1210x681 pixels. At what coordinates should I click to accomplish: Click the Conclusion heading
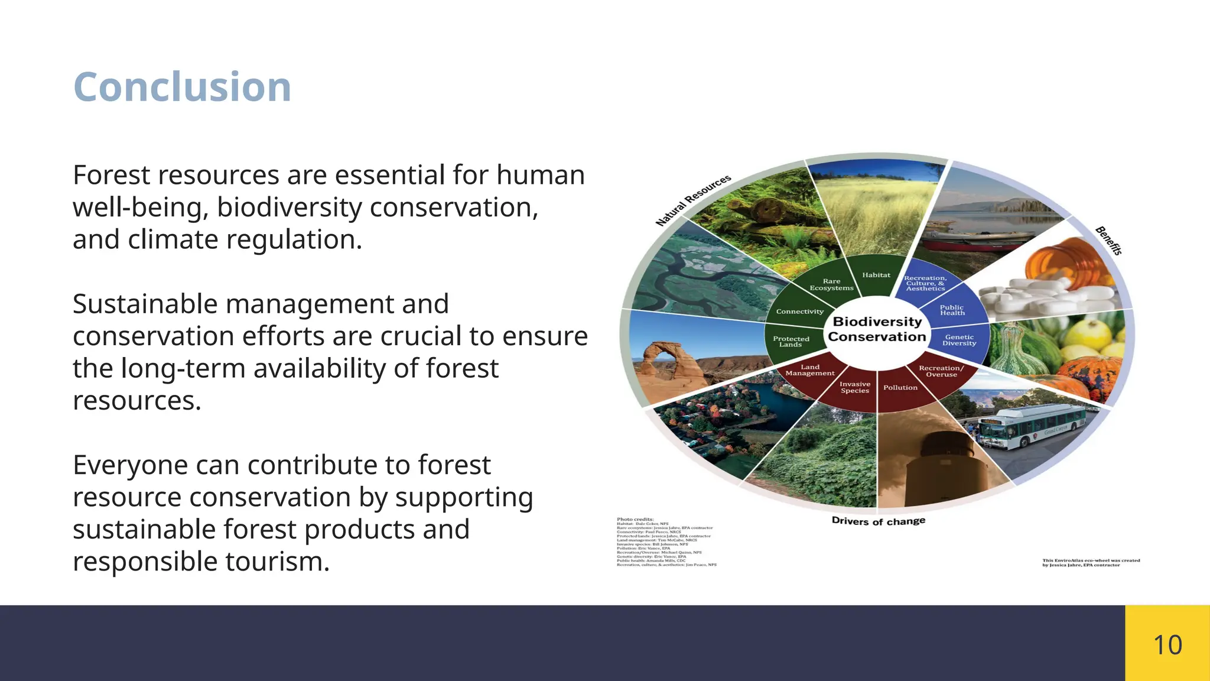(182, 87)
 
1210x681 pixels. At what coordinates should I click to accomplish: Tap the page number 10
(1167, 644)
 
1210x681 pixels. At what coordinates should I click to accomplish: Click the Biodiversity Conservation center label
(877, 329)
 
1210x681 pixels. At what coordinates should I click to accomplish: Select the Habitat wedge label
(876, 275)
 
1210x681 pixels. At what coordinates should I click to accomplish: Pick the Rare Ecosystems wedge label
(831, 284)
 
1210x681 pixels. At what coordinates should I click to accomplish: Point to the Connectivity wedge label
(799, 312)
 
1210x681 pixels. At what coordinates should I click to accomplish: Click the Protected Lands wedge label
(791, 342)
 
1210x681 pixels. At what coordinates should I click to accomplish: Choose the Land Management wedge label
(810, 370)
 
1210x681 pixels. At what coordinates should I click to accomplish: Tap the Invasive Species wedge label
(855, 387)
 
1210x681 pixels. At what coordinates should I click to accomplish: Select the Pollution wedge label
(900, 388)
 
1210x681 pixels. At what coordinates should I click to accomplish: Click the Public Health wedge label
(952, 310)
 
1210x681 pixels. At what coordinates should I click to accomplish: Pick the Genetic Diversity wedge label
(959, 340)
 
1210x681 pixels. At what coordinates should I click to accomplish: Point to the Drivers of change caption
(878, 521)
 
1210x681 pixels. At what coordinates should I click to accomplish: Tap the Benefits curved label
(1108, 241)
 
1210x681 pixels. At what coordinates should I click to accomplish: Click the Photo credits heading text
(635, 519)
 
